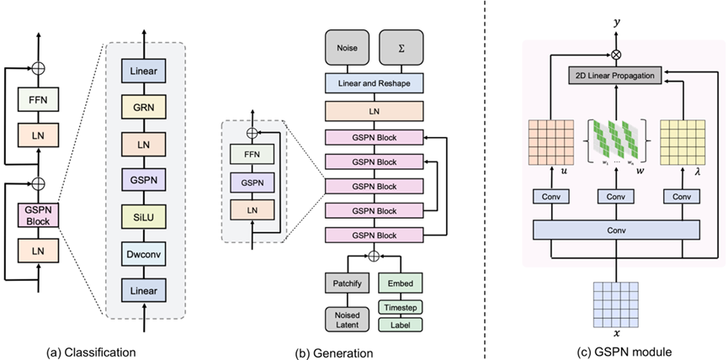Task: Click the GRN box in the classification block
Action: pos(143,108)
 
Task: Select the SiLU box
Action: pos(143,217)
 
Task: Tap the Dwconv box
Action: pos(143,253)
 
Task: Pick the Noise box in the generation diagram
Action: pos(348,48)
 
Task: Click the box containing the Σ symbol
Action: pos(401,48)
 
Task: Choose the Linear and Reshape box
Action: pos(375,83)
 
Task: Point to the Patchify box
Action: pos(348,283)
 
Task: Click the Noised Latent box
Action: pos(348,319)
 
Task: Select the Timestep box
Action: pos(401,308)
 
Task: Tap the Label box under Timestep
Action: pos(401,325)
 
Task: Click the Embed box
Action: pos(401,283)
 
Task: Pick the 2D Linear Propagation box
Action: pos(614,76)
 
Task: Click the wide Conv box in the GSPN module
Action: pos(616,230)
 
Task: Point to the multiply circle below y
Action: pos(617,55)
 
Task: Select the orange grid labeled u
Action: pos(551,142)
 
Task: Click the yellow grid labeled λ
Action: pos(683,142)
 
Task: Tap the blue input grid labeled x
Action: pos(616,304)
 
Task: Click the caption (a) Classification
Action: pos(92,352)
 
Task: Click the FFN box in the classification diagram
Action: pos(39,98)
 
